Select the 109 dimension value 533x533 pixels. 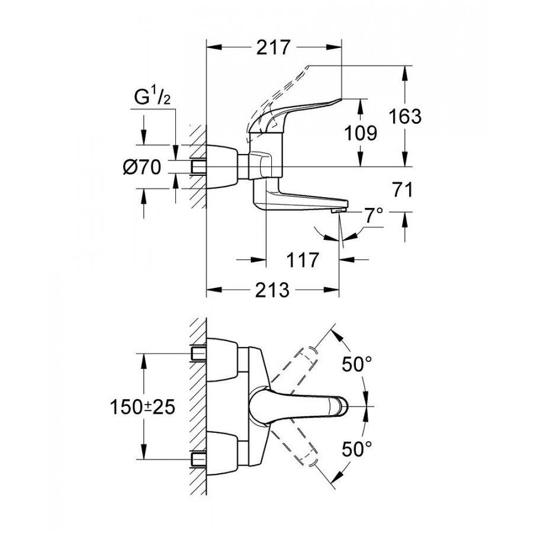(360, 133)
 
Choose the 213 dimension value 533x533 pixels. (272, 291)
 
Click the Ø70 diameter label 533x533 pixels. (142, 168)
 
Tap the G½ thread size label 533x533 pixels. (152, 97)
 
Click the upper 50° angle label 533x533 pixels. (359, 365)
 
